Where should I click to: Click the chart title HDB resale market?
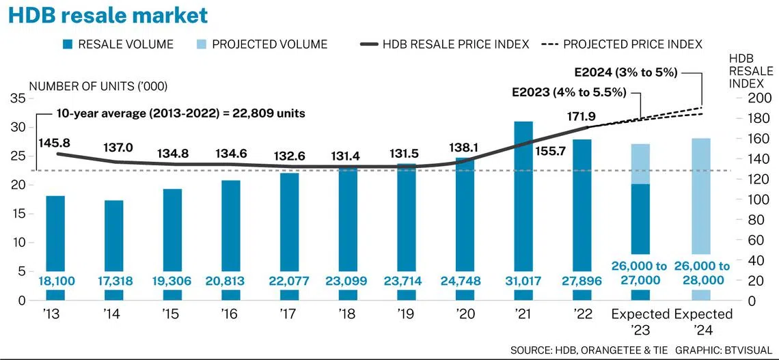[x=108, y=15]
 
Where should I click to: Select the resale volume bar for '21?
[x=524, y=191]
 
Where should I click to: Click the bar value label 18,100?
[x=55, y=280]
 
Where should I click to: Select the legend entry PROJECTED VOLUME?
[x=269, y=44]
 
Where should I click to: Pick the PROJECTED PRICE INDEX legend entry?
[x=632, y=44]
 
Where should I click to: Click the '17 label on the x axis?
[x=290, y=314]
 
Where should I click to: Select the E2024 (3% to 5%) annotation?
[x=626, y=72]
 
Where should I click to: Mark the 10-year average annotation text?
[x=180, y=113]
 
